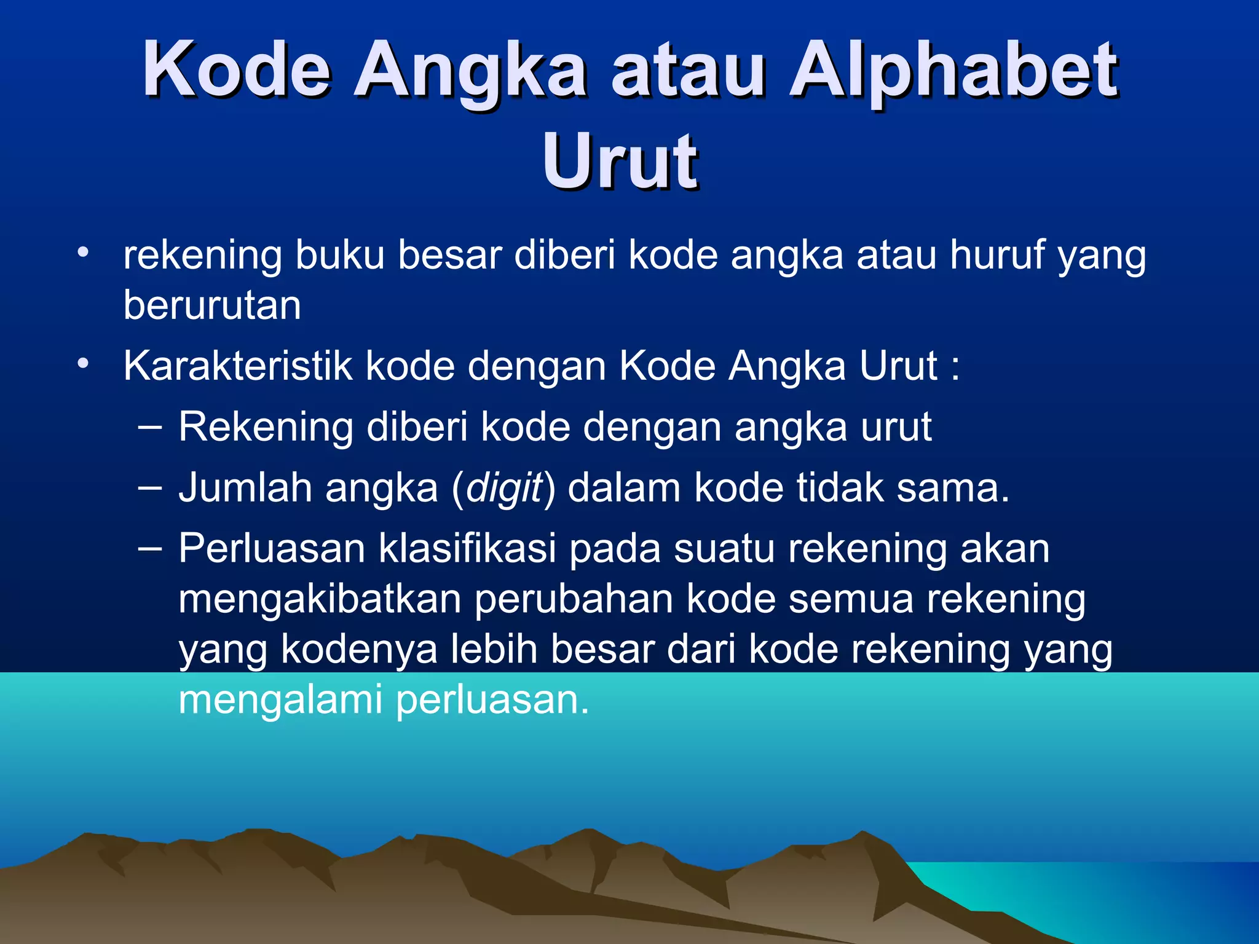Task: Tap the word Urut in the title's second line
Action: pyautogui.click(x=620, y=161)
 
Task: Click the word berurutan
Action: pyautogui.click(x=212, y=305)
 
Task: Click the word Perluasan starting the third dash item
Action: pyautogui.click(x=272, y=548)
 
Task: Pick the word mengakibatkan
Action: pyautogui.click(x=320, y=599)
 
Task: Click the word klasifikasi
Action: pyautogui.click(x=467, y=548)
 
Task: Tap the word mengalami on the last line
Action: pyautogui.click(x=280, y=700)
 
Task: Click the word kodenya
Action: pyautogui.click(x=359, y=650)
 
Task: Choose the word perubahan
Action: pyautogui.click(x=574, y=599)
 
